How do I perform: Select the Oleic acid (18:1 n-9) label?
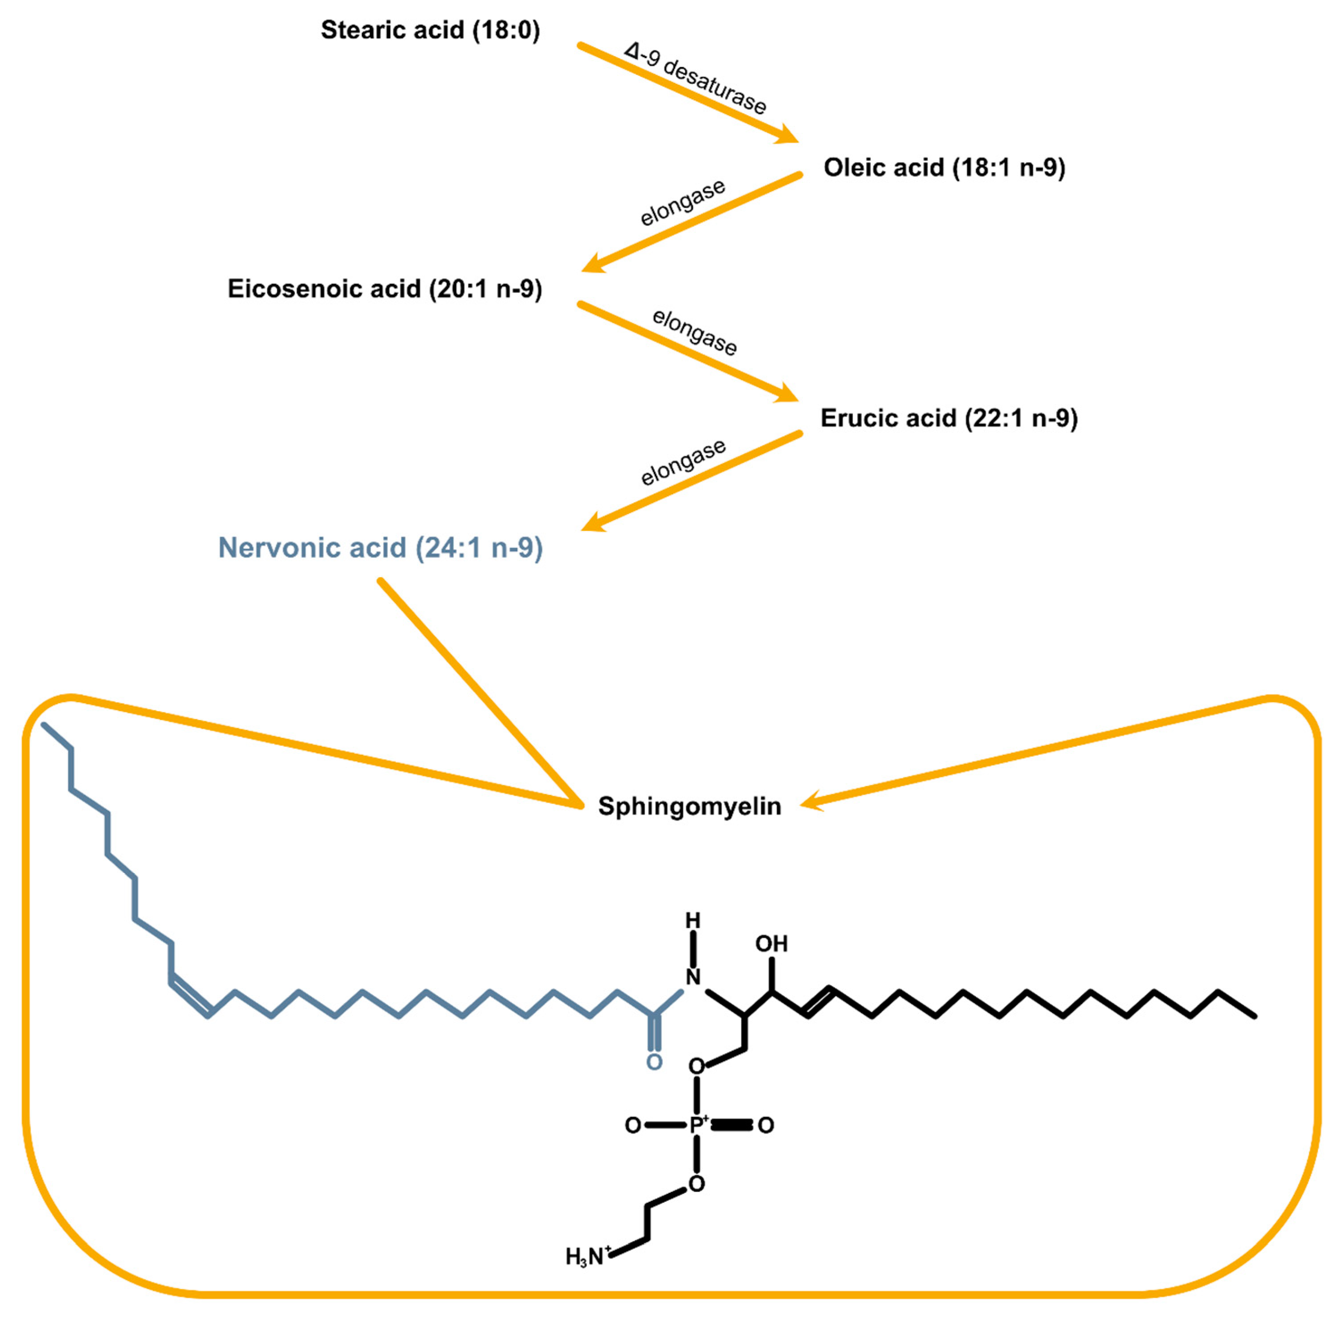point(944,168)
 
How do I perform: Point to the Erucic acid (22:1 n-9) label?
point(949,418)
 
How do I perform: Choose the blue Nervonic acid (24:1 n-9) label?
point(380,548)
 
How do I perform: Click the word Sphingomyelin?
point(689,806)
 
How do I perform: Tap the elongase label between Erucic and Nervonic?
point(683,462)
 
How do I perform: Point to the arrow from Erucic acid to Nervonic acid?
point(691,482)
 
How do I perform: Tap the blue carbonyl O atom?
point(653,1062)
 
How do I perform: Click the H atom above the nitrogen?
point(692,921)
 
